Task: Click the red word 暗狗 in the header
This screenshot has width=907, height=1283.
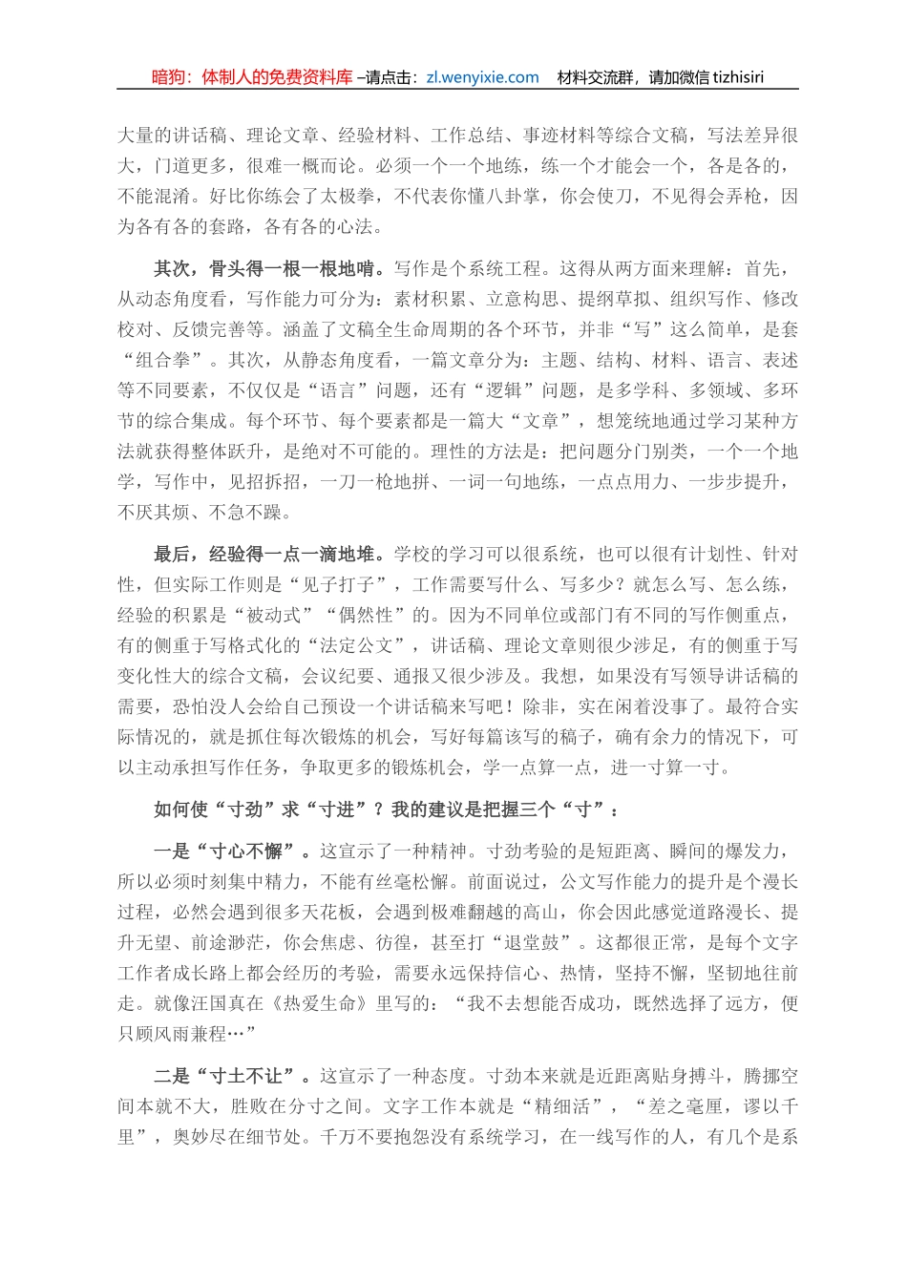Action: tap(171, 78)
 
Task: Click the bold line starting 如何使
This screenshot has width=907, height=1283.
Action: tap(386, 810)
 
